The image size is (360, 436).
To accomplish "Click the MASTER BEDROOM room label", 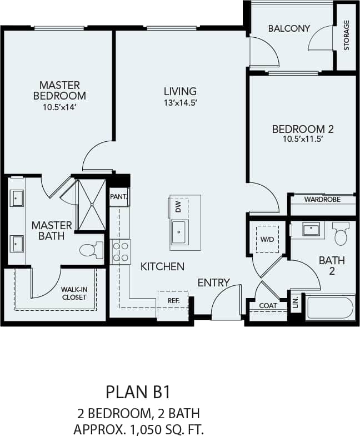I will click(59, 90).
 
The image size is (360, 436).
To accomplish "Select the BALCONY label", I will click(289, 28).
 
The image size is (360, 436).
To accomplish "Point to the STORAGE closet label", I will click(347, 35).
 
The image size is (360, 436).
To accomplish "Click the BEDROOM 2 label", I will click(302, 129).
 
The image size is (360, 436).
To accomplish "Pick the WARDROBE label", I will click(322, 199).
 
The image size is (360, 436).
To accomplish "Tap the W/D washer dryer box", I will click(267, 239).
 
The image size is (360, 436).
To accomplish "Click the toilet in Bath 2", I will click(341, 234).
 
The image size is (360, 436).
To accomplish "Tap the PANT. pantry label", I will click(119, 196).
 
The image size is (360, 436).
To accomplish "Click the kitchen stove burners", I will click(121, 251).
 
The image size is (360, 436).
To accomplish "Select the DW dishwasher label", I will click(178, 207).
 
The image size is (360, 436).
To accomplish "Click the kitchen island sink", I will click(179, 232).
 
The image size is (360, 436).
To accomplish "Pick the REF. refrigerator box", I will click(173, 300).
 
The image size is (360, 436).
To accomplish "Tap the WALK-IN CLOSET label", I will click(74, 293).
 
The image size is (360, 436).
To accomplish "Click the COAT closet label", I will click(268, 305).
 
